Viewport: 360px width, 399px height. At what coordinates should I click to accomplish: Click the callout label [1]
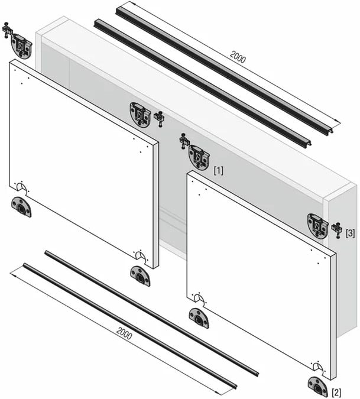219,170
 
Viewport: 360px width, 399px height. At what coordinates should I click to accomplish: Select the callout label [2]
336,392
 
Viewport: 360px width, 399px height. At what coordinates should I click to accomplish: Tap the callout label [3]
350,233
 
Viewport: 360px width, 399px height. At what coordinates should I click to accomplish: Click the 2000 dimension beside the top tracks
238,57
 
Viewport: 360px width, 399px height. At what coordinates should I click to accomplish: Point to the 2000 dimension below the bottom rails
124,333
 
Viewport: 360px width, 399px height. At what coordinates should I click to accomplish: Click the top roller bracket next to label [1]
199,156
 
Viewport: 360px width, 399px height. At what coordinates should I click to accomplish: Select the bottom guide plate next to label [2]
318,387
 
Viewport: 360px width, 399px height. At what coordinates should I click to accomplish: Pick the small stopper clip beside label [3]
337,230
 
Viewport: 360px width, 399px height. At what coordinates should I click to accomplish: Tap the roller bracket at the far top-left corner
21,46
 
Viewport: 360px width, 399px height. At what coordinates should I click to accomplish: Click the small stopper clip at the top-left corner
7,30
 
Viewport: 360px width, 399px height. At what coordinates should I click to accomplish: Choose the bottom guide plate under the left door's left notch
21,207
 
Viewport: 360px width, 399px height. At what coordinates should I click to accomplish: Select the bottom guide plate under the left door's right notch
140,276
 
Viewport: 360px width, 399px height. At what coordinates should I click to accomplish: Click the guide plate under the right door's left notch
199,318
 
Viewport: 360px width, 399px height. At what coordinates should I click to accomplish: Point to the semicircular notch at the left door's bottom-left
22,189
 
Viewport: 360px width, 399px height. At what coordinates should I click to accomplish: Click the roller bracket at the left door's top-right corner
141,115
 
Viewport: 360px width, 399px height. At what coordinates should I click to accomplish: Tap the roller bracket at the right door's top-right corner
318,226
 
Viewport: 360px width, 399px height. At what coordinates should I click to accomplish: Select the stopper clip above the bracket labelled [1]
184,141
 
